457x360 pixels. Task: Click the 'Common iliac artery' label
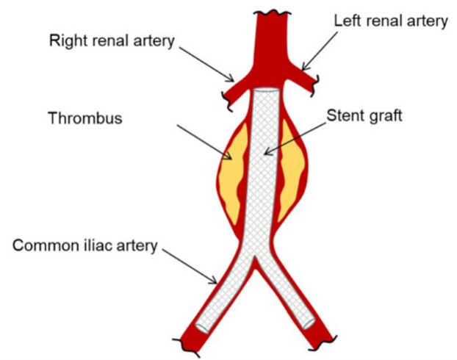click(85, 245)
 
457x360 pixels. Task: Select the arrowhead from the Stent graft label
click(265, 155)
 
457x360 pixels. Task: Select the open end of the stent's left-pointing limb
click(201, 324)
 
